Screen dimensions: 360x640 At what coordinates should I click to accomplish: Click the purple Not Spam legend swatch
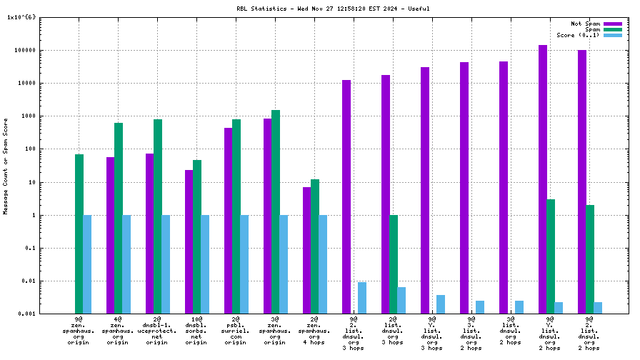[613, 24]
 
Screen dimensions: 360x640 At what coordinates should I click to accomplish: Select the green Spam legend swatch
[613, 29]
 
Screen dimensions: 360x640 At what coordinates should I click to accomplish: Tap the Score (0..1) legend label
[578, 35]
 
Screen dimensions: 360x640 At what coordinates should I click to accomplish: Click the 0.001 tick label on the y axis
[26, 314]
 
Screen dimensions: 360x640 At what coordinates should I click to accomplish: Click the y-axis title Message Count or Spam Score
[6, 171]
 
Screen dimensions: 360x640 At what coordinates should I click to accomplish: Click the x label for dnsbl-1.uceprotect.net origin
[157, 331]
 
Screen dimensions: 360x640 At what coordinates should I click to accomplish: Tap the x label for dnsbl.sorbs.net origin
[196, 331]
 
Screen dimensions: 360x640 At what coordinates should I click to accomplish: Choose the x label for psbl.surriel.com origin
[236, 331]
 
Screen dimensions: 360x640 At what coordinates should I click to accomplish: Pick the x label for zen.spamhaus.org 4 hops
[314, 331]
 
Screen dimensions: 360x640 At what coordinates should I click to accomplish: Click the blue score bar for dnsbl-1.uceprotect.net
[166, 264]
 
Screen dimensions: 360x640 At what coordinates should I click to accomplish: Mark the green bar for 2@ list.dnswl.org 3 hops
[394, 264]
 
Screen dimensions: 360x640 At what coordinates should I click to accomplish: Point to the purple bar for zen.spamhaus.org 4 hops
[306, 250]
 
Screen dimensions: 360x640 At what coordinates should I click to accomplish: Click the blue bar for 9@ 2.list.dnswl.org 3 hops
[362, 298]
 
